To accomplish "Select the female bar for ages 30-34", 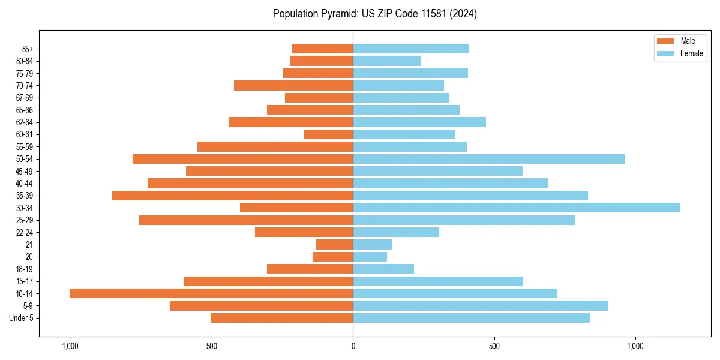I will tap(516, 208).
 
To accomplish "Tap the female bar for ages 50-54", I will tap(488, 159).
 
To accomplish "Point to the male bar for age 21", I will tap(334, 245).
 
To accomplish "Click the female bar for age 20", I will tap(370, 257).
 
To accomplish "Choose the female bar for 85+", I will tap(410, 49).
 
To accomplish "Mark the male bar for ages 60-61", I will tap(328, 134).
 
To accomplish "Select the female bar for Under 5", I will tap(471, 318).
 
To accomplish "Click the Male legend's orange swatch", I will tap(665, 41).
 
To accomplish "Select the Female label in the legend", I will tap(691, 53).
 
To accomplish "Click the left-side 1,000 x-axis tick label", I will tap(70, 346).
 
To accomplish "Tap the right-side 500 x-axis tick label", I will tap(494, 346).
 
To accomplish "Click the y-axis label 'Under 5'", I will tap(22, 318).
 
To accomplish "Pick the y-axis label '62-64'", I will tap(25, 122).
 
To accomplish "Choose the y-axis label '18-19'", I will tap(25, 269).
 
